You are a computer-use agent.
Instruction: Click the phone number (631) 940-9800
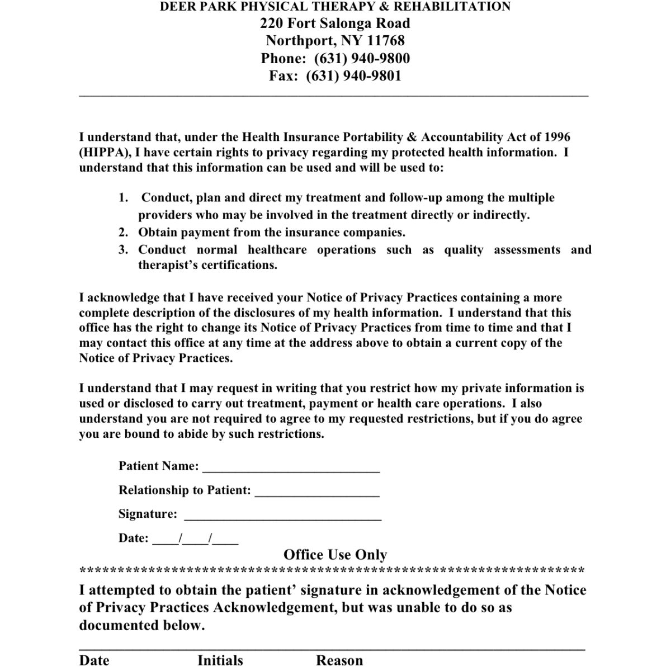pyautogui.click(x=362, y=59)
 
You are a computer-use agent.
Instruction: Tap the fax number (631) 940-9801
pyautogui.click(x=353, y=76)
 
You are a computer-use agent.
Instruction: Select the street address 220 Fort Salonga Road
pyautogui.click(x=335, y=23)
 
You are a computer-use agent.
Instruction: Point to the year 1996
pyautogui.click(x=557, y=138)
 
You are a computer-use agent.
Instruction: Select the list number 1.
pyautogui.click(x=124, y=198)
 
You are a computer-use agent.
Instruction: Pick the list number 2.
pyautogui.click(x=124, y=233)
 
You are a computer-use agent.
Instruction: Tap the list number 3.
pyautogui.click(x=124, y=250)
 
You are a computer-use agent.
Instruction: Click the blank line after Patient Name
pyautogui.click(x=291, y=467)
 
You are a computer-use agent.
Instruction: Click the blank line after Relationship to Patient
pyautogui.click(x=316, y=492)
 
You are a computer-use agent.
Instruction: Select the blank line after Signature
pyautogui.click(x=282, y=516)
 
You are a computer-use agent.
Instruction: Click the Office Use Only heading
pyautogui.click(x=335, y=555)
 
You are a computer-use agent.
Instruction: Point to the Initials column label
pyautogui.click(x=220, y=660)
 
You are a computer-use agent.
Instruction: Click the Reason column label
pyautogui.click(x=339, y=660)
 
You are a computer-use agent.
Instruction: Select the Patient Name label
pyautogui.click(x=158, y=466)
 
